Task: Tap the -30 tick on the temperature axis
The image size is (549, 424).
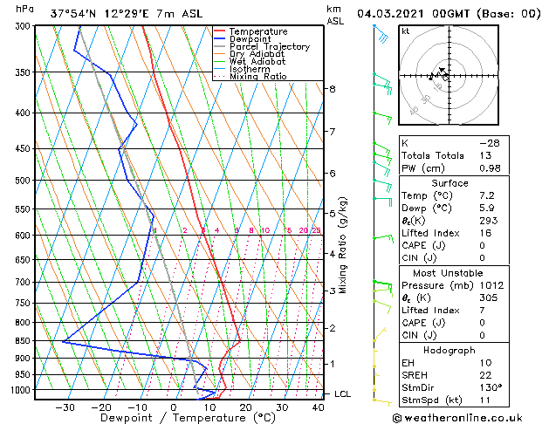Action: pyautogui.click(x=65, y=407)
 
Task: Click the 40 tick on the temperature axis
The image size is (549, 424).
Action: pyautogui.click(x=318, y=407)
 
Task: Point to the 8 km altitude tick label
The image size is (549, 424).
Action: pyautogui.click(x=333, y=89)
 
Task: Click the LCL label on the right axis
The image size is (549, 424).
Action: pyautogui.click(x=343, y=394)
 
